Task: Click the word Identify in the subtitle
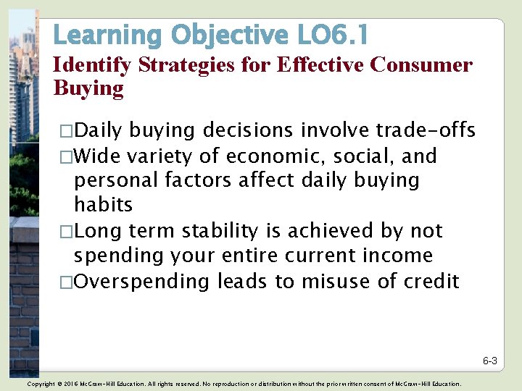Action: coord(92,66)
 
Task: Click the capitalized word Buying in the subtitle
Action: coord(88,89)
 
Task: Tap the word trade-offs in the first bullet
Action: coord(426,130)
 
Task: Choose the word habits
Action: coord(103,205)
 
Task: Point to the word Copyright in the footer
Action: coord(40,384)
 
